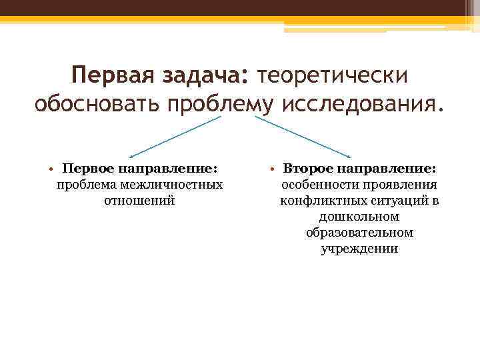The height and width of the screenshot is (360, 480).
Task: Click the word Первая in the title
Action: tap(113, 75)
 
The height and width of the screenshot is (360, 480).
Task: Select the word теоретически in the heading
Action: tap(331, 75)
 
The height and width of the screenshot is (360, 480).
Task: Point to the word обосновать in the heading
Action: tap(97, 105)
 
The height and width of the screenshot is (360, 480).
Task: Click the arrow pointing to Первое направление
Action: tap(175, 137)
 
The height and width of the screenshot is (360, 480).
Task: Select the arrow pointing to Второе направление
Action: tap(304, 137)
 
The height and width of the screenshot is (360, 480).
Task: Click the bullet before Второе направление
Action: tap(275, 168)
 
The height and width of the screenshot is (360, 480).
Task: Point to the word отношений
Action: tap(140, 200)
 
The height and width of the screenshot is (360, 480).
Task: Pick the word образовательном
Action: tap(359, 233)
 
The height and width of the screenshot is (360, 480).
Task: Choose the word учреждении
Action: tap(359, 249)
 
